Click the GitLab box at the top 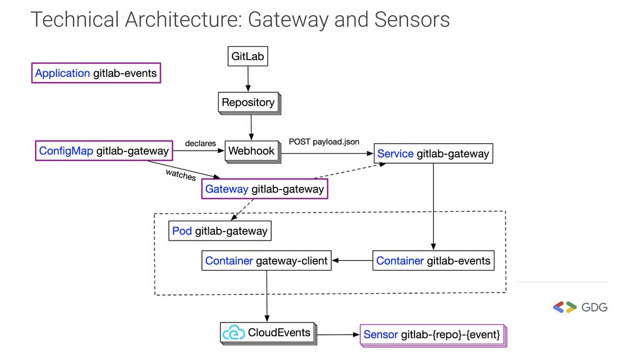247,56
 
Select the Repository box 248,102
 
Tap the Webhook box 251,151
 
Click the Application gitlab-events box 96,73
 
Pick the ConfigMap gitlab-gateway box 104,151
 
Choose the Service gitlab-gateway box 433,154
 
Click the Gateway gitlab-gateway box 264,189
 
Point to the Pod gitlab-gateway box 220,231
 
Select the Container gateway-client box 266,261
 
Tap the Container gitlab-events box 433,261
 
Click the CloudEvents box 267,332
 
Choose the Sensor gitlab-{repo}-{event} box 431,334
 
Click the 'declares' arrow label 200,143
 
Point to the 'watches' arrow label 181,174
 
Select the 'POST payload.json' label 324,142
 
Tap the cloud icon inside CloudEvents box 234,332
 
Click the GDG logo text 594,307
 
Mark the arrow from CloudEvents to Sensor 338,334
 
